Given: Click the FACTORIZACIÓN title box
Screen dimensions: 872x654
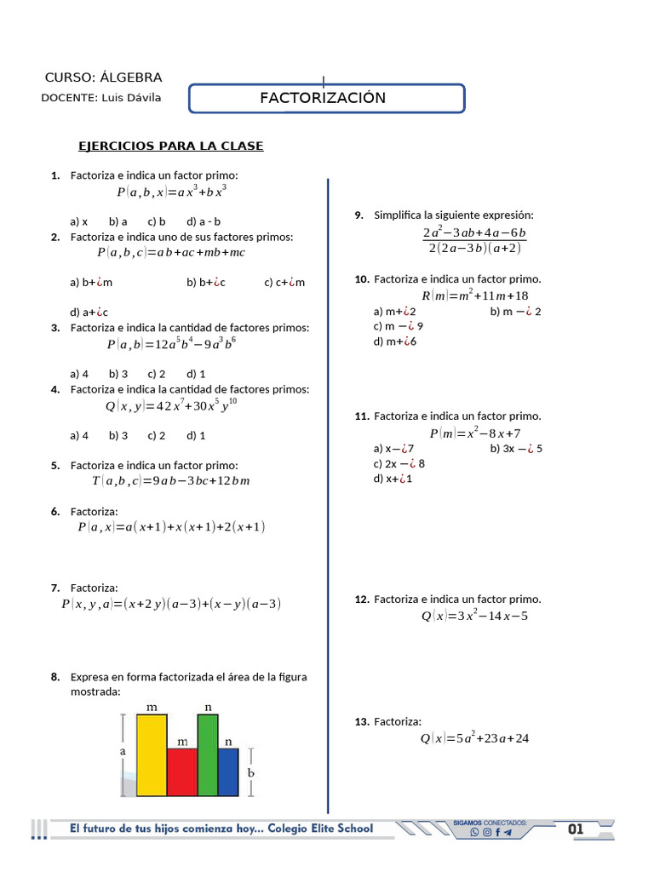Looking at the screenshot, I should (325, 98).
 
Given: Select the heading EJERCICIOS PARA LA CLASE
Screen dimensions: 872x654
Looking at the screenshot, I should (171, 146).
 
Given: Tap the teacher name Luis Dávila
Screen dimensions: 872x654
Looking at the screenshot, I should (130, 98).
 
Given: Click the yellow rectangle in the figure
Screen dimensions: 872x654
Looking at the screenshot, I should (152, 755).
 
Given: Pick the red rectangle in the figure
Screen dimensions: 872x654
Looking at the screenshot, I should (182, 772).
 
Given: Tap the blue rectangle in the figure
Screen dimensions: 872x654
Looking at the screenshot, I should (228, 772).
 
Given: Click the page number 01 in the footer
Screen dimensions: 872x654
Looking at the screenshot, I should (576, 829).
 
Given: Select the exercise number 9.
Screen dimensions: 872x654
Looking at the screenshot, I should (359, 215).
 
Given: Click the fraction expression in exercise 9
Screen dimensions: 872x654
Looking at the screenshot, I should (473, 240).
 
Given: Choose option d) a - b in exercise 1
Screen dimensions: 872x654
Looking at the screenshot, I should (204, 221).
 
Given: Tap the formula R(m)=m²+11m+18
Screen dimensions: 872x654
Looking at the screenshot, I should (475, 295).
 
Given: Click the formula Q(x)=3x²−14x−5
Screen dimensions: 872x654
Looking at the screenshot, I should (475, 616).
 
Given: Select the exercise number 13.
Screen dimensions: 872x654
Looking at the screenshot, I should (361, 721).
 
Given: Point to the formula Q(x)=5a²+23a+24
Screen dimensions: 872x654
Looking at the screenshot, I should (475, 738).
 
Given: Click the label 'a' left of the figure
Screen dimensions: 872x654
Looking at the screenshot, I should (123, 753).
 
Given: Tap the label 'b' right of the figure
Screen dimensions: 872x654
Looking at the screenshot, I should (250, 772).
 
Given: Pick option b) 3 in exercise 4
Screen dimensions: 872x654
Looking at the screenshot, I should (118, 435).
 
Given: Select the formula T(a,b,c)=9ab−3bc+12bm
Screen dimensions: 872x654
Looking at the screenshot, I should (170, 481).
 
